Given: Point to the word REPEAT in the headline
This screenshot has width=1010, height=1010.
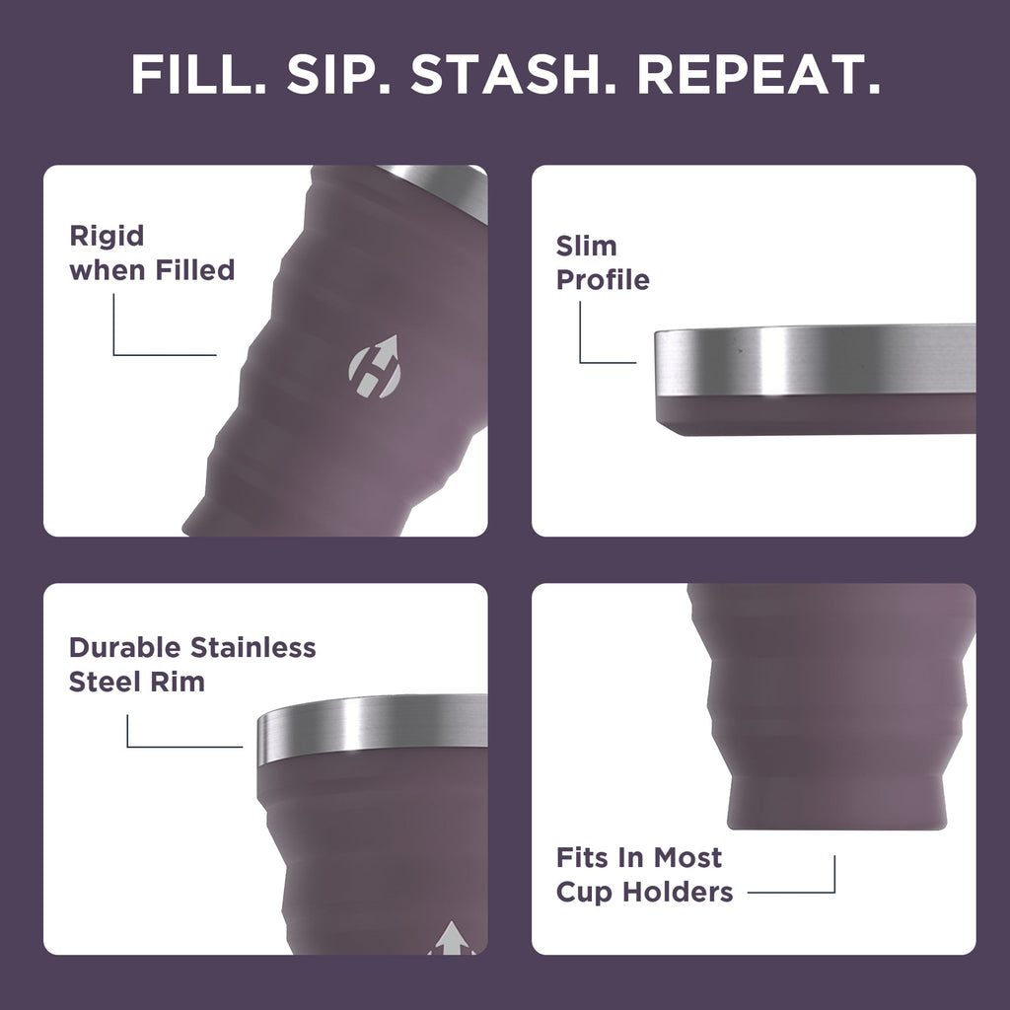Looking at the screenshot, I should tap(760, 75).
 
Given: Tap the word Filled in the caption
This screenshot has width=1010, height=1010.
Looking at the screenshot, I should tap(195, 269).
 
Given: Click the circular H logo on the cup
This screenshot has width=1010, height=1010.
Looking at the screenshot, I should tap(374, 369).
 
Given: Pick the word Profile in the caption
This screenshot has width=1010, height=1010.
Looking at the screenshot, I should tap(603, 280).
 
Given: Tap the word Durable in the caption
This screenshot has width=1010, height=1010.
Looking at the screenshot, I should tap(125, 648).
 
